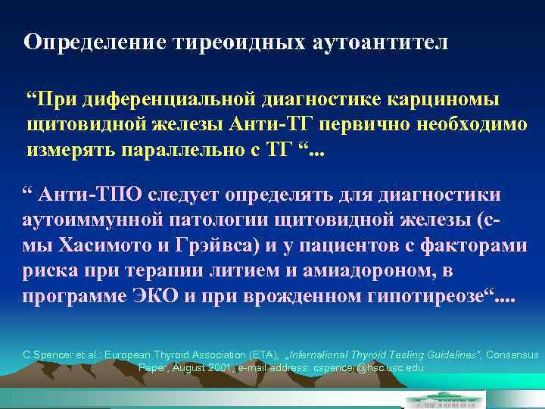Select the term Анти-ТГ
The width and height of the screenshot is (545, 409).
coord(260,124)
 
